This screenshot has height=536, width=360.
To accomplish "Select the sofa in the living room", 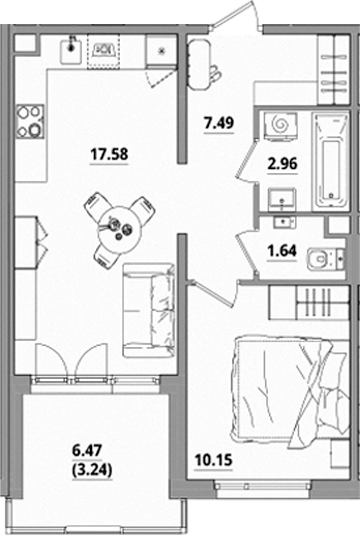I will click(x=149, y=311).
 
